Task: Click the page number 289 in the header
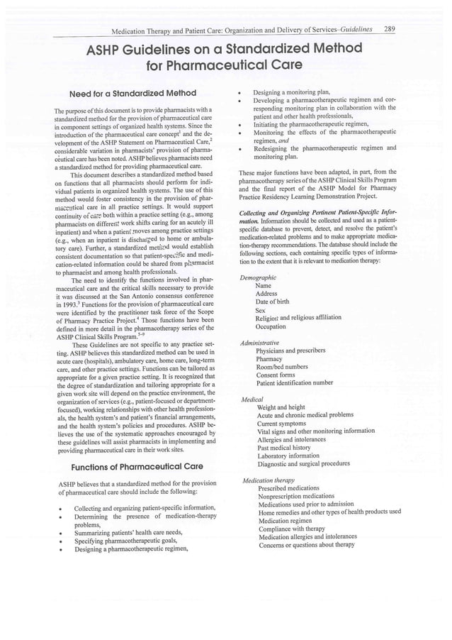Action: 389,29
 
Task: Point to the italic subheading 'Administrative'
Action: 261,342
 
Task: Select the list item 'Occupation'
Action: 271,326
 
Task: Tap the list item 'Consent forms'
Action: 277,375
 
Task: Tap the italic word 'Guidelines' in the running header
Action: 351,29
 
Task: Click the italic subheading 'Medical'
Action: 252,399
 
